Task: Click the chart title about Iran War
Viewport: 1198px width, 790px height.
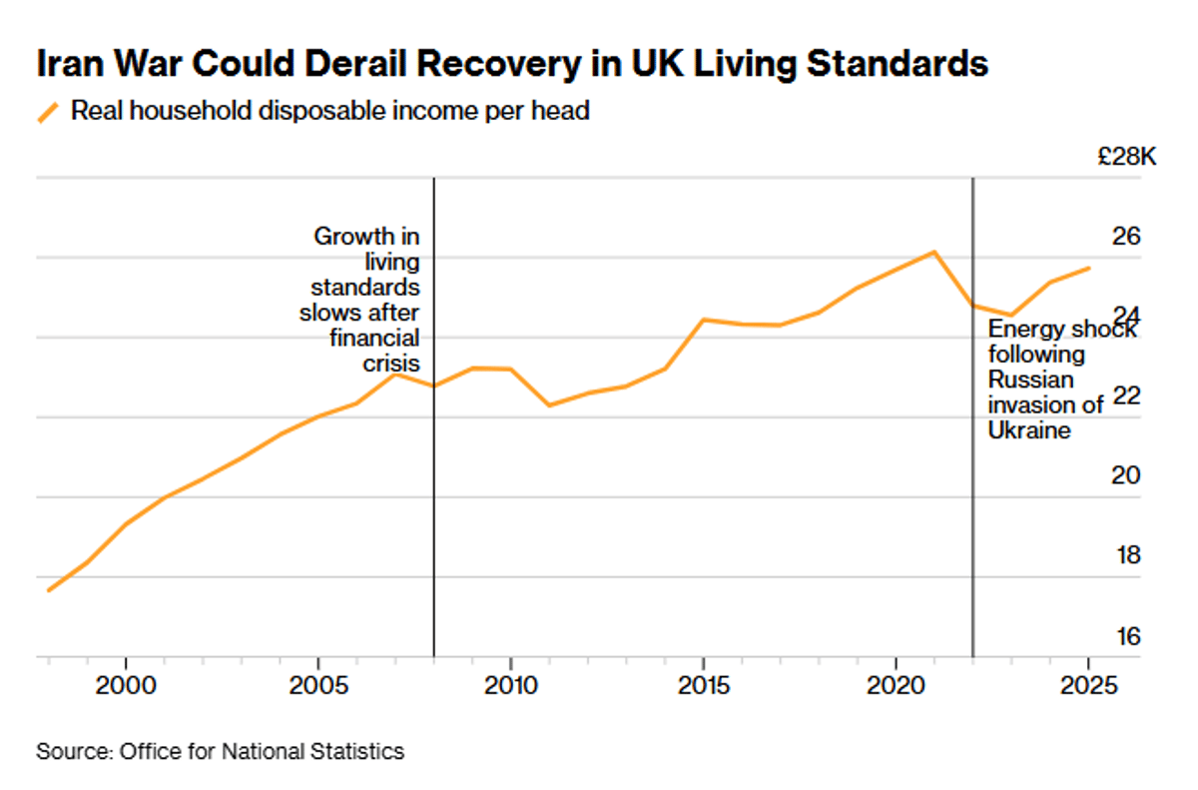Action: pos(512,65)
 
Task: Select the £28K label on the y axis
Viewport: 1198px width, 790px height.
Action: pos(1125,157)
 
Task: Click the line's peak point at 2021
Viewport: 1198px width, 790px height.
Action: pos(933,252)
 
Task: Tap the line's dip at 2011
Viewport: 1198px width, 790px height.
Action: pos(549,404)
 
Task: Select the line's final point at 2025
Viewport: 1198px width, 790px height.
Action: pos(1088,268)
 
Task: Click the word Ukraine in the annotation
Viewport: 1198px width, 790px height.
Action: pos(1028,430)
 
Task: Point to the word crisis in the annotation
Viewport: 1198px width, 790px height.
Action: pos(391,362)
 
